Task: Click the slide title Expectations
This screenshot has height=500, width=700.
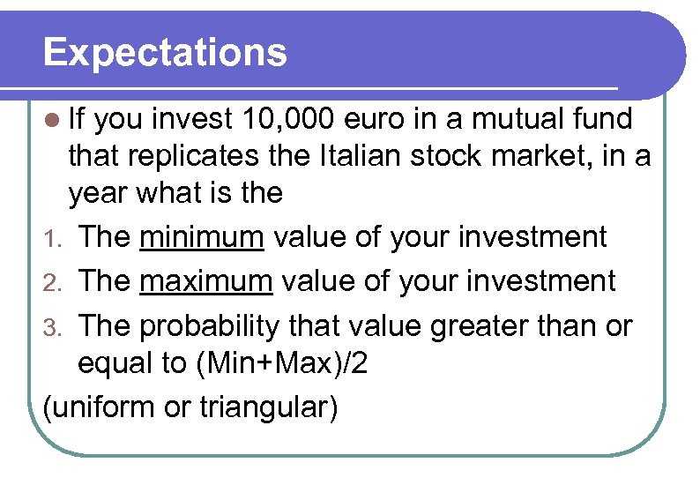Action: click(x=165, y=52)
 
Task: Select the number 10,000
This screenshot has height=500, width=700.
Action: click(x=284, y=117)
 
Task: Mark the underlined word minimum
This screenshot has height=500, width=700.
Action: click(x=202, y=236)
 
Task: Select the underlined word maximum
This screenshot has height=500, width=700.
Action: click(x=206, y=280)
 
